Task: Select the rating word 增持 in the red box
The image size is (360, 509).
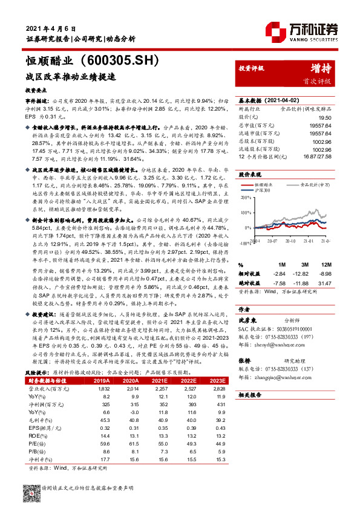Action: coord(319,68)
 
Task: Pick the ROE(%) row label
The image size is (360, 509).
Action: coord(38,435)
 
